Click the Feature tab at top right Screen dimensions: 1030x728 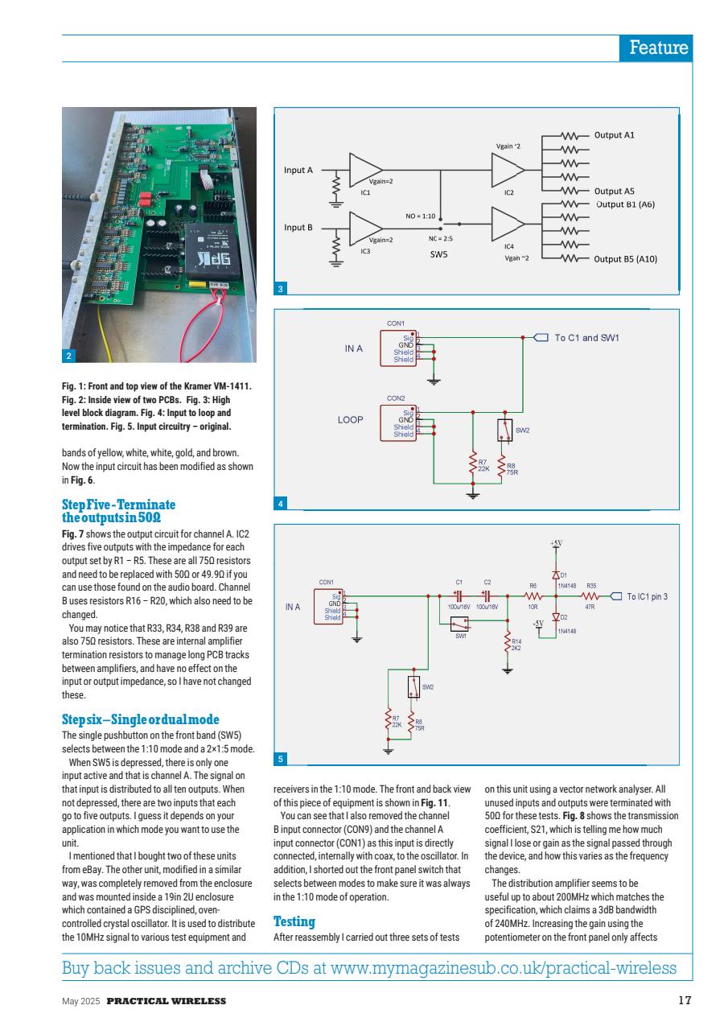[658, 47]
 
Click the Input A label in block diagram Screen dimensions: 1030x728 [298, 170]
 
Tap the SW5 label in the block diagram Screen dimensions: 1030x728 [438, 253]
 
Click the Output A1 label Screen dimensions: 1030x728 [615, 135]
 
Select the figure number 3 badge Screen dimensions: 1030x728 [280, 290]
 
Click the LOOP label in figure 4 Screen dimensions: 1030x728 [350, 419]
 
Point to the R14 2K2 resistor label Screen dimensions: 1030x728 [517, 644]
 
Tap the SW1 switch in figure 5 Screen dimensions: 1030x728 [459, 624]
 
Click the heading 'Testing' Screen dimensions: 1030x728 [294, 921]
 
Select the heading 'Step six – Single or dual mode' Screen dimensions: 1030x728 [140, 719]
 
